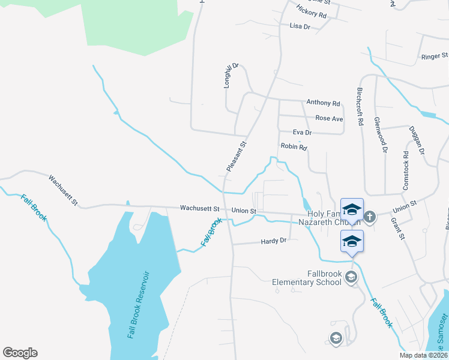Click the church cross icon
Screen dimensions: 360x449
point(370,217)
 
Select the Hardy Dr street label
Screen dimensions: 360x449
point(274,241)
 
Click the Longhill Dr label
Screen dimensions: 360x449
point(228,76)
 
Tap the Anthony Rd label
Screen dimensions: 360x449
point(323,103)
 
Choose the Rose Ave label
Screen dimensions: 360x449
point(329,119)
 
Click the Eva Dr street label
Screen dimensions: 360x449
point(302,133)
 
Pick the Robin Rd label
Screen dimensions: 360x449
point(294,147)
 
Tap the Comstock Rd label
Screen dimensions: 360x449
point(406,175)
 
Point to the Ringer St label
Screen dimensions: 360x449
point(431,57)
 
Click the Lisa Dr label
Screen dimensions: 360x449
point(300,27)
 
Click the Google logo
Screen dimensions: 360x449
point(20,353)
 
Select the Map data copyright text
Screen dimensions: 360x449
point(422,355)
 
